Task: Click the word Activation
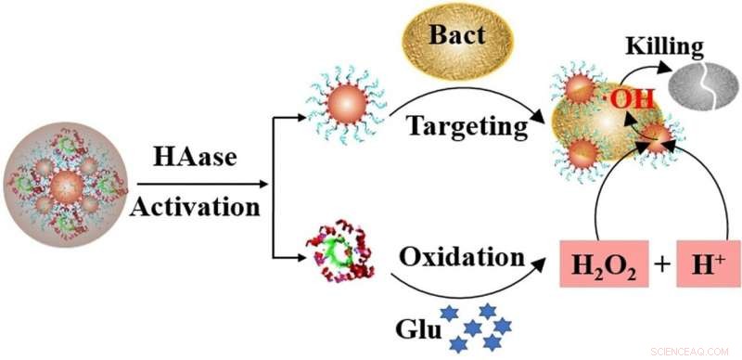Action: point(195,206)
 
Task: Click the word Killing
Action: point(665,45)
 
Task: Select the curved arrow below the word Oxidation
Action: point(464,283)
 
